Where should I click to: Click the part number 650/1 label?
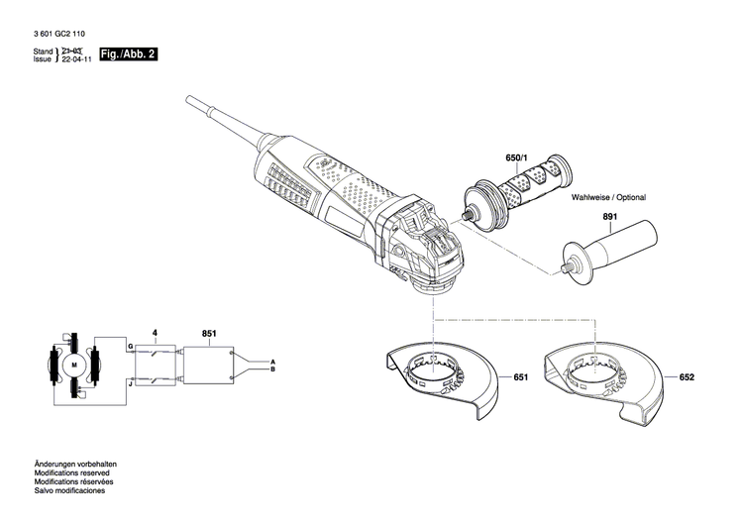coord(518,158)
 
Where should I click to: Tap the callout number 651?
coord(521,377)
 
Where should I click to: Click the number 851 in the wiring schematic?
coord(209,334)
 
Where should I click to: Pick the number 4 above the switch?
coord(154,334)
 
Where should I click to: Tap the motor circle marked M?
coord(72,367)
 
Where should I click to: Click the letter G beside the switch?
coord(129,346)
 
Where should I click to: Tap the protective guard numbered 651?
coord(441,381)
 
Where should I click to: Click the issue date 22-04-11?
coord(77,58)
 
